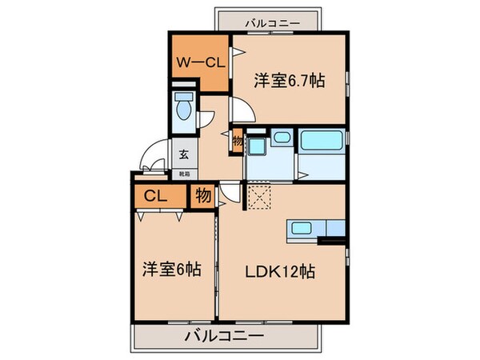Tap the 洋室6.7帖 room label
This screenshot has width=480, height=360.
[x=289, y=81]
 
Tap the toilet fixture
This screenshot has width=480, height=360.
[x=183, y=108]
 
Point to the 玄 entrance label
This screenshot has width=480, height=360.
[x=183, y=156]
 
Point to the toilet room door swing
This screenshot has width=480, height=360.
[x=206, y=117]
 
